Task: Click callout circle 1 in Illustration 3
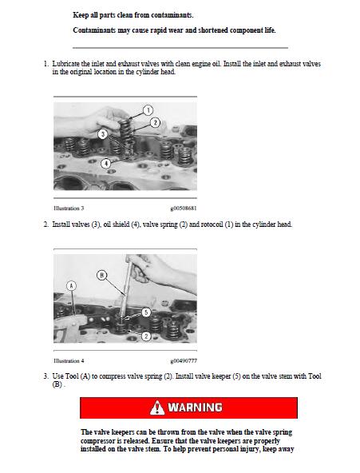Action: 147,109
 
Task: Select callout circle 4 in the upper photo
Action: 106,163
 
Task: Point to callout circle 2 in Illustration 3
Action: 155,122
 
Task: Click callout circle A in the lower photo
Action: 71,284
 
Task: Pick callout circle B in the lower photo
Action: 101,276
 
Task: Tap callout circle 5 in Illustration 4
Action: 146,312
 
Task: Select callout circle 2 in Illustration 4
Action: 146,336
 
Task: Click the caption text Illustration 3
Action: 69,208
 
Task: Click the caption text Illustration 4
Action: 69,361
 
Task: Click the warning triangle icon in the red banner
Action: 157,407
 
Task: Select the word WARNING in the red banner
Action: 195,407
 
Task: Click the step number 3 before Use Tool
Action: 45,376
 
